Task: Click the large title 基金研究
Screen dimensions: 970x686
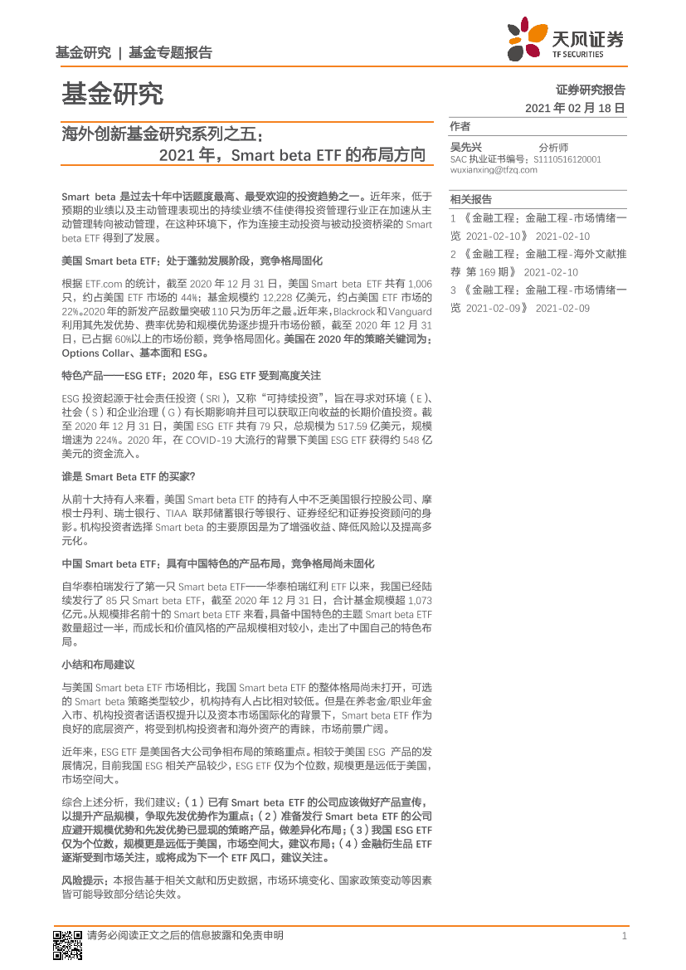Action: click(x=111, y=94)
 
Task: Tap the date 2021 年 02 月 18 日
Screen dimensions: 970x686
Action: click(x=574, y=109)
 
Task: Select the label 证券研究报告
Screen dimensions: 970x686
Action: click(x=590, y=90)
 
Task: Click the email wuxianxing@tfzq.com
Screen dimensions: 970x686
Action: click(x=493, y=169)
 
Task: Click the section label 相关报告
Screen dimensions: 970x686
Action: click(x=470, y=199)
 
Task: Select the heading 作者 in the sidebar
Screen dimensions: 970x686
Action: click(x=460, y=126)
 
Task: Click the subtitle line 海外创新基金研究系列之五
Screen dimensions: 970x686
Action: click(x=161, y=134)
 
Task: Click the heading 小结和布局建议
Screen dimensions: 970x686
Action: click(x=98, y=665)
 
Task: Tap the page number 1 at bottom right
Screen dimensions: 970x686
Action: click(x=623, y=936)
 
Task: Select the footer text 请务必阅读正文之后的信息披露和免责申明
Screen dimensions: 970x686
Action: click(x=184, y=936)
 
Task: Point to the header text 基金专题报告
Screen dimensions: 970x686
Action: click(x=170, y=52)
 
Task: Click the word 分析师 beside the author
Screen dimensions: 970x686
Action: click(x=553, y=147)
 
